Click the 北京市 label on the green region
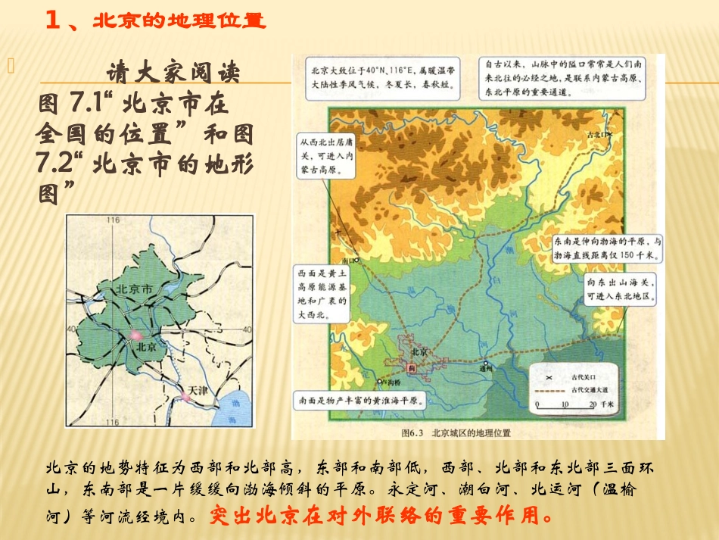click(134, 289)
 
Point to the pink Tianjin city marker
click(185, 395)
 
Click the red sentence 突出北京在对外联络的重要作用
click(376, 517)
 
